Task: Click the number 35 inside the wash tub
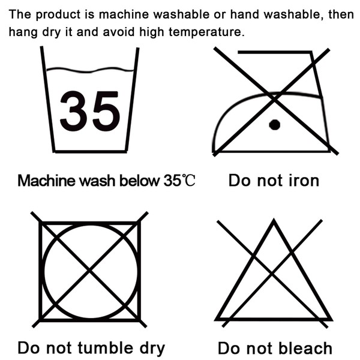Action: (90, 111)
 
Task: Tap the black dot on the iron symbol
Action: (275, 125)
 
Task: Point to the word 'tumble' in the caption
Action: (106, 347)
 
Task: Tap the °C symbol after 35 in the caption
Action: (188, 180)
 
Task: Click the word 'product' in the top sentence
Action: (58, 15)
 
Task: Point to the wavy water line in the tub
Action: (90, 70)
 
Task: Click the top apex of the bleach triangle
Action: (274, 220)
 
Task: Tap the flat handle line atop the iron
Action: (275, 52)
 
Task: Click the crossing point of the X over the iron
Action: (274, 99)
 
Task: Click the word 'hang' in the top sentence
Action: (23, 32)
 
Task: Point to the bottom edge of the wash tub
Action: (90, 151)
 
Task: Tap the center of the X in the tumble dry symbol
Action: (89, 270)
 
